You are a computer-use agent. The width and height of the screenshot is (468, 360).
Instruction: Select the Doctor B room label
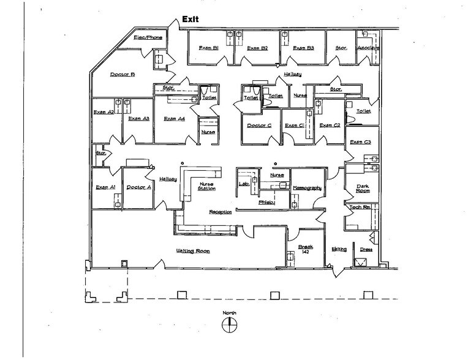click(123, 75)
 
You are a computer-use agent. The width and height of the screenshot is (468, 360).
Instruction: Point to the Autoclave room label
click(368, 48)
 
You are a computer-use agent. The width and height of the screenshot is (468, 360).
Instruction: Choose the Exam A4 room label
click(174, 119)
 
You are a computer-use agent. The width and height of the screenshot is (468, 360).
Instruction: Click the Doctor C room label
click(259, 126)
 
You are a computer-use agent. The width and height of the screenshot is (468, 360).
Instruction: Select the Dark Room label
click(357, 188)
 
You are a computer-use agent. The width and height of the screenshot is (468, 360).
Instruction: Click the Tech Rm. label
click(358, 208)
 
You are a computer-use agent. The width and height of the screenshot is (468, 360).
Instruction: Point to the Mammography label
click(307, 188)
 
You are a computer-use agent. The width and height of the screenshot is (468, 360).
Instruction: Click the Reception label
click(221, 212)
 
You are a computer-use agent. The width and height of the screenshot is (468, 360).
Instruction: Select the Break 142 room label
click(305, 250)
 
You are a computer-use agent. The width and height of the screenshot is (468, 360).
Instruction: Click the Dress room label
click(366, 249)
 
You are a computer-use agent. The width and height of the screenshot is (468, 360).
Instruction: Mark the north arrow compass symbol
click(229, 326)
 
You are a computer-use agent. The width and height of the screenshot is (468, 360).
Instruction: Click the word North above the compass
click(229, 313)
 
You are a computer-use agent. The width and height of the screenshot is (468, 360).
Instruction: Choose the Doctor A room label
click(138, 187)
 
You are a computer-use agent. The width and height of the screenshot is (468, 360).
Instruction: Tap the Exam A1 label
click(106, 187)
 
